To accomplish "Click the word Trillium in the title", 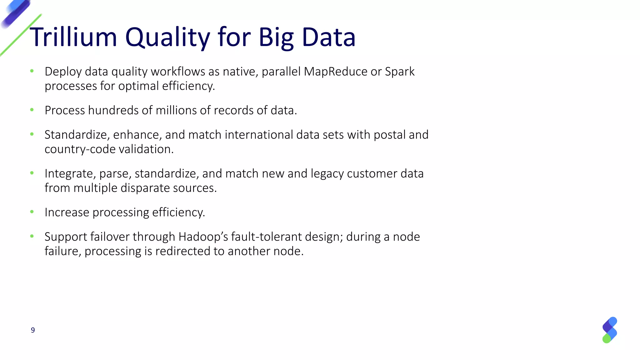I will pyautogui.click(x=73, y=37).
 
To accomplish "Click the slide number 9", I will pyautogui.click(x=33, y=330).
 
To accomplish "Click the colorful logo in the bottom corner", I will pyautogui.click(x=609, y=330).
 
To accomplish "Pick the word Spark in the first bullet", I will pyautogui.click(x=400, y=72).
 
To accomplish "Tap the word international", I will pyautogui.click(x=259, y=135).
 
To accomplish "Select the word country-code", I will pyautogui.click(x=80, y=149).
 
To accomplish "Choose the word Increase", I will pyautogui.click(x=67, y=212).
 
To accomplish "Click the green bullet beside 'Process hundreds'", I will pyautogui.click(x=32, y=110).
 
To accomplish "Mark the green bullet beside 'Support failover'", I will pyautogui.click(x=32, y=236).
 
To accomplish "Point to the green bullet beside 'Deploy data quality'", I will pyautogui.click(x=32, y=71).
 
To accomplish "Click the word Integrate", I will pyautogui.click(x=70, y=174).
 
